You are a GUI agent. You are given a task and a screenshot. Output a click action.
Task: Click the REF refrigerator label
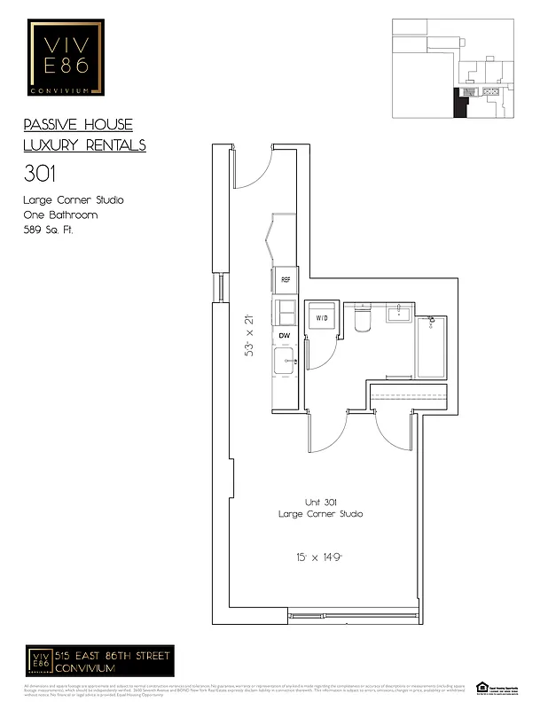286,280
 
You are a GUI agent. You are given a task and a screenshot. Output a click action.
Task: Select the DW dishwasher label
285,336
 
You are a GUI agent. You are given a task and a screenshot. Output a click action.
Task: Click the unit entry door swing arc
252,170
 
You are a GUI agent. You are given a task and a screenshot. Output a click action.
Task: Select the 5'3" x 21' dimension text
249,337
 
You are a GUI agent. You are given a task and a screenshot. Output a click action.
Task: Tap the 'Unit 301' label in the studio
320,503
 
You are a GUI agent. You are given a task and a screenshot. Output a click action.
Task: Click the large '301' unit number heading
39,172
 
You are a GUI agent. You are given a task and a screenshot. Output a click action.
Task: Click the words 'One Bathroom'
60,214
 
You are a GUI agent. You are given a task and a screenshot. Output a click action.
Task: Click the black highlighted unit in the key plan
460,103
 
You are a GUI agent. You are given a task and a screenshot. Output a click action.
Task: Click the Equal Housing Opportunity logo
483,686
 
